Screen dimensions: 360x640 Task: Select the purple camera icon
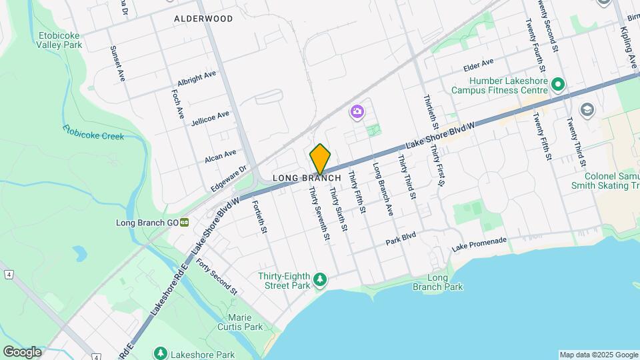tap(357, 111)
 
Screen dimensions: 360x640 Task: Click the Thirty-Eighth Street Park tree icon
tap(321, 279)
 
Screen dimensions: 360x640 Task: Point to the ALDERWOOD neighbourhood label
tap(203, 19)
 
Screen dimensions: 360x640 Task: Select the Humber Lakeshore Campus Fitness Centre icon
tap(558, 85)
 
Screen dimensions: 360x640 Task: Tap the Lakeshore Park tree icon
tap(160, 352)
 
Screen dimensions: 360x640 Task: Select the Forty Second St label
tap(217, 276)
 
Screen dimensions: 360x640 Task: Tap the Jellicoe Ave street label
tap(210, 118)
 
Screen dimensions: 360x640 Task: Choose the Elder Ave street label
tap(479, 65)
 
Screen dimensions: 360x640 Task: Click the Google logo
tap(21, 351)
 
